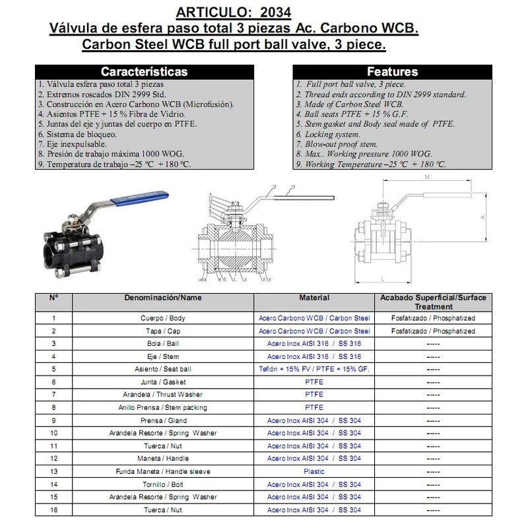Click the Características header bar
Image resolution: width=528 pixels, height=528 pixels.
pos(143,71)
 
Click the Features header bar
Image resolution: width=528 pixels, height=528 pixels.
pos(392,71)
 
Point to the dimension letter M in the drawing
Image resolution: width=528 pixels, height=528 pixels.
pos(428,178)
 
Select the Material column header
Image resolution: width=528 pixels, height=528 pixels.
pos(314,298)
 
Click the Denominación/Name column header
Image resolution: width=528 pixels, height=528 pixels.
pos(163,298)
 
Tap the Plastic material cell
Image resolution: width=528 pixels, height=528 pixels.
pos(314,472)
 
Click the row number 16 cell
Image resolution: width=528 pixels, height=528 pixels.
pos(53,510)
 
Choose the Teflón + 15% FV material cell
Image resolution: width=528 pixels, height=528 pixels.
pos(314,370)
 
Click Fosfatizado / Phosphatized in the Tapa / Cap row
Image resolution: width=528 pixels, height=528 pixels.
pos(433,331)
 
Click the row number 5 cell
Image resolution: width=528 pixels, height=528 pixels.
pos(53,370)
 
